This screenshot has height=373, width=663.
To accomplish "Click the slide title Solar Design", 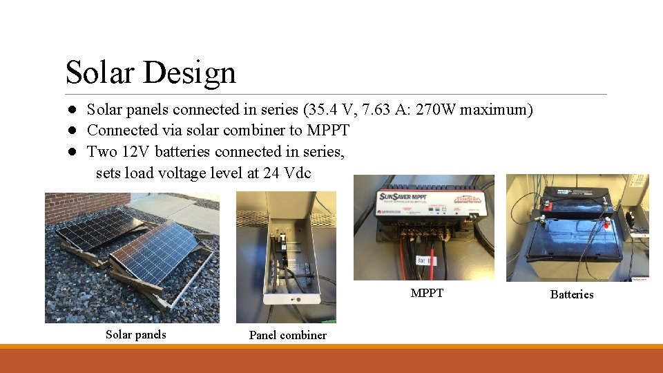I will pyautogui.click(x=151, y=73).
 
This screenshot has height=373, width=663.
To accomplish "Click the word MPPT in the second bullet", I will pyautogui.click(x=328, y=131).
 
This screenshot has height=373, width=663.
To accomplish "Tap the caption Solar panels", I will pyautogui.click(x=135, y=334).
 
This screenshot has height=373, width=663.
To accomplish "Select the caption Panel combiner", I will pyautogui.click(x=287, y=335).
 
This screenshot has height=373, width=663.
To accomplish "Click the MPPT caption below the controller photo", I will pyautogui.click(x=427, y=293).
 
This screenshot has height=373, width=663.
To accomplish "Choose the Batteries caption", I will pyautogui.click(x=571, y=294).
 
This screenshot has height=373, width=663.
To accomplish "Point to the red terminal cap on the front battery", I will pyautogui.click(x=606, y=224).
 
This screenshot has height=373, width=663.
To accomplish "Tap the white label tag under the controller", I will pyautogui.click(x=424, y=261).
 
